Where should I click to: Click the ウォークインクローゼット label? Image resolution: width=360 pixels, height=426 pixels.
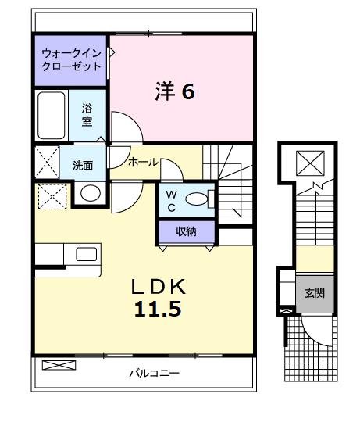pyautogui.click(x=72, y=60)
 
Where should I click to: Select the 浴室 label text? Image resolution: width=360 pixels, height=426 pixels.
pyautogui.click(x=87, y=116)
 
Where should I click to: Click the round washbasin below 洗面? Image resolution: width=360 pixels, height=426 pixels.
pyautogui.click(x=91, y=193)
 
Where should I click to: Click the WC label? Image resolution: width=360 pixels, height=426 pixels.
pyautogui.click(x=172, y=201)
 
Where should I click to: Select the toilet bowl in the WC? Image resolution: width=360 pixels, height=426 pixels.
pyautogui.click(x=198, y=201)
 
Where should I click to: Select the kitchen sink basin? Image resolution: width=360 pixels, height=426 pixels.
pyautogui.click(x=86, y=253)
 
